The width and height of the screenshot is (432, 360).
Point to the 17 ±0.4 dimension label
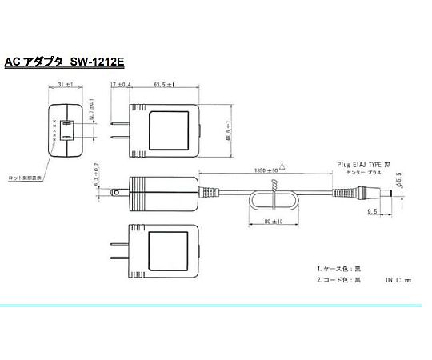pos(122,84)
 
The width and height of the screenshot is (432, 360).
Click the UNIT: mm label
pos(397,281)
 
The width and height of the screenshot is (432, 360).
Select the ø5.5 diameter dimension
pos(398,178)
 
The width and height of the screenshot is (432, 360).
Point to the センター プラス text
pos(366,171)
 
